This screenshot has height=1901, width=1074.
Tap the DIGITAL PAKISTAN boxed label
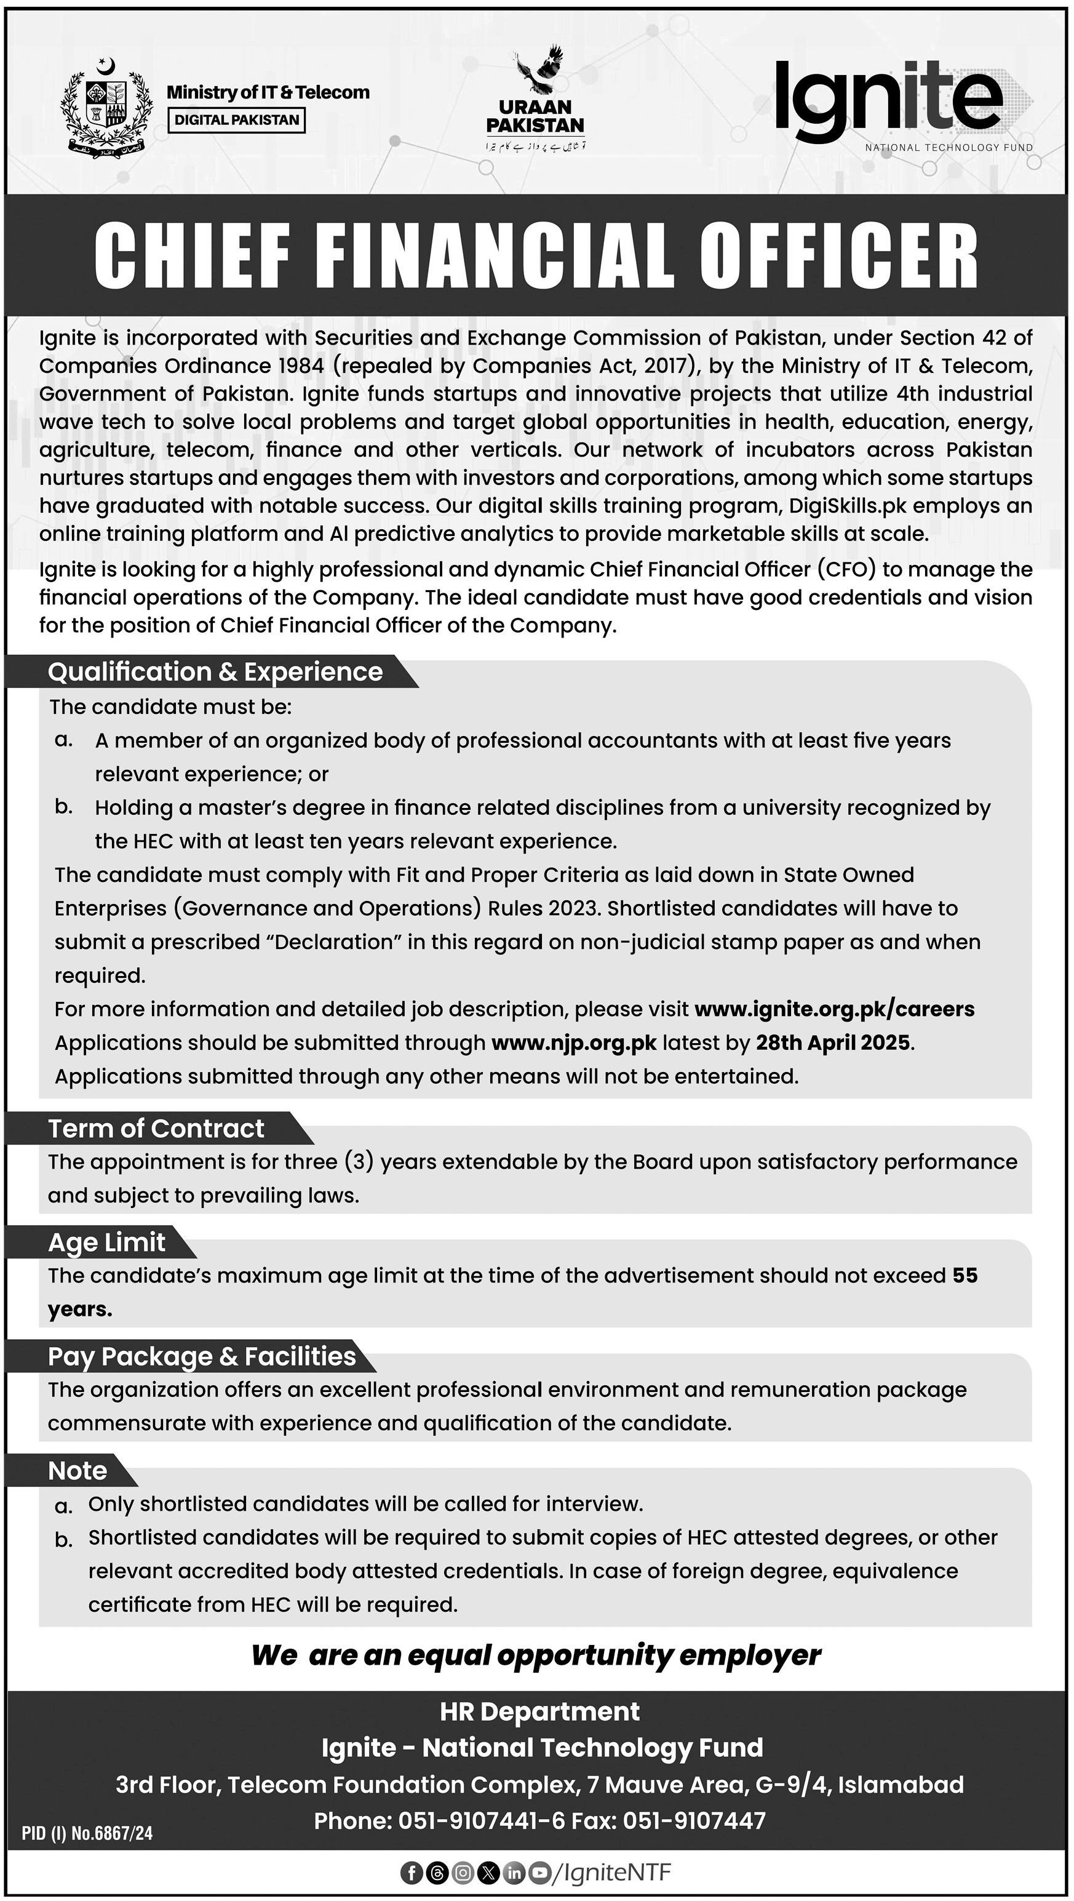237,119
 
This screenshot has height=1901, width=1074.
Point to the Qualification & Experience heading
215,671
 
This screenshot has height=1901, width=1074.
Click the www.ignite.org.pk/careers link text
833,1009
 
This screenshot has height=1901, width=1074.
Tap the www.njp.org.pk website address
573,1043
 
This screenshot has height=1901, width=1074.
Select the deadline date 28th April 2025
833,1043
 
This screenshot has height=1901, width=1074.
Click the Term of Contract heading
156,1128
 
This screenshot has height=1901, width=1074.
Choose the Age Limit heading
106,1242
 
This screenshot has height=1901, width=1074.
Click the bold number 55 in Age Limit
964,1275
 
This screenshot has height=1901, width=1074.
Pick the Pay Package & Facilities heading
201,1356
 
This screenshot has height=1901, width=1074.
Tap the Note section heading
78,1470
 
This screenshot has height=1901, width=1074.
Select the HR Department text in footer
539,1711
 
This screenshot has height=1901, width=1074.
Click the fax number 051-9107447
693,1820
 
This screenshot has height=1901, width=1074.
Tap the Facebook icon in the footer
411,1872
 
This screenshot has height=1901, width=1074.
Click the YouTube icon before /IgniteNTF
541,1872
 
